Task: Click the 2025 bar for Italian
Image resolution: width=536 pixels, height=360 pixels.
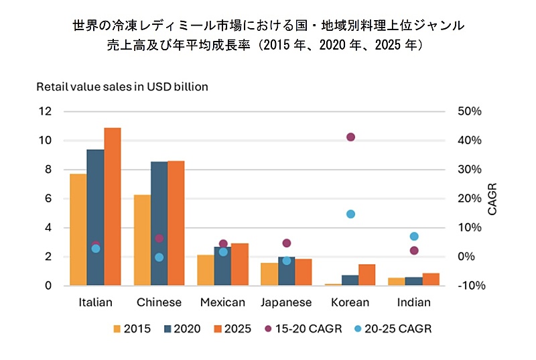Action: tap(113, 206)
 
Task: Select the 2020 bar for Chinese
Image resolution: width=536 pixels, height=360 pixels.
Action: tap(159, 224)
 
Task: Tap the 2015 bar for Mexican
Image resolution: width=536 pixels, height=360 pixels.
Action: tap(206, 270)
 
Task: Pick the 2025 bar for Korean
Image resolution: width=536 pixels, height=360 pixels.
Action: tap(366, 275)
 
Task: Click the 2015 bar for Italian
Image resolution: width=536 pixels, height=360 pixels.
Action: tap(78, 230)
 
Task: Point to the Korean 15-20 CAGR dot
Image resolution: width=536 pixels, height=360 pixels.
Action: tap(350, 137)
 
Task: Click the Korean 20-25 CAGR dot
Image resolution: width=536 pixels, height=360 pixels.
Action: tap(350, 215)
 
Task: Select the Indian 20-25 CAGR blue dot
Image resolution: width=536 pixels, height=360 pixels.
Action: tap(414, 236)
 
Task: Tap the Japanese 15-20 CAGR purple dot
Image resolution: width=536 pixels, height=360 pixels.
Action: tap(287, 243)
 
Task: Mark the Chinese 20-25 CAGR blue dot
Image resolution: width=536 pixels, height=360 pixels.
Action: tap(159, 257)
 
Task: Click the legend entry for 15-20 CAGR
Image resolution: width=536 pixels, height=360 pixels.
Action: tap(304, 329)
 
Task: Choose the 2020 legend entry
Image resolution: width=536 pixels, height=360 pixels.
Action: tap(182, 329)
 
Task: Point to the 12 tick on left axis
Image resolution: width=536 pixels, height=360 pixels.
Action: tap(45, 111)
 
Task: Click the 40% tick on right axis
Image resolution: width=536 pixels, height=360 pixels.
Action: tap(470, 140)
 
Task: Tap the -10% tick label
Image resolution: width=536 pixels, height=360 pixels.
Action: tap(472, 286)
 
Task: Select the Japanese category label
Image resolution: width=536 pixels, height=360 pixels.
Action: tap(286, 302)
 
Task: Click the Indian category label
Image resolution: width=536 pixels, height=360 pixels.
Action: tap(414, 302)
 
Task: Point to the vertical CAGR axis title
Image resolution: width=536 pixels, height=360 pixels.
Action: tap(492, 199)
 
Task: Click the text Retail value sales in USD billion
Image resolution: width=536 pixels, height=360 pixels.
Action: tap(122, 87)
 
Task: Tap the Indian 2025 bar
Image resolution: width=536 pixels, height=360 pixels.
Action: tap(431, 280)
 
